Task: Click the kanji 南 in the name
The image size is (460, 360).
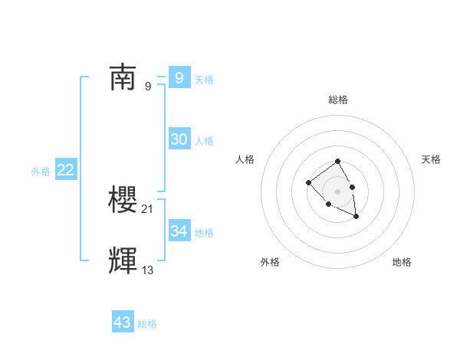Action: tap(123, 78)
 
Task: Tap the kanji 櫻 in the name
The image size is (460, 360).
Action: tap(123, 200)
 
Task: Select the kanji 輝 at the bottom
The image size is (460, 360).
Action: tap(123, 261)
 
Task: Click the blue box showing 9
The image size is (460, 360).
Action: tap(179, 78)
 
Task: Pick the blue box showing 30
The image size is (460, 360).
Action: tap(179, 139)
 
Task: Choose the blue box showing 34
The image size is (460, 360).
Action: tap(179, 231)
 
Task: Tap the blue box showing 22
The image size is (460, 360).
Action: tap(65, 170)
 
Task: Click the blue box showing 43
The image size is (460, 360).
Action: tap(122, 322)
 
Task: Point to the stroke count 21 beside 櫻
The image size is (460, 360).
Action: tap(148, 209)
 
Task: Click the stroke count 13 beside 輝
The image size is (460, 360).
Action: tap(148, 270)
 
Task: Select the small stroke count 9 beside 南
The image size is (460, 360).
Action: tap(148, 87)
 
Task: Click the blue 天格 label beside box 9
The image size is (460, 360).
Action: tap(204, 80)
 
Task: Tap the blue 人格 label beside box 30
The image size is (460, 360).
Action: tap(204, 141)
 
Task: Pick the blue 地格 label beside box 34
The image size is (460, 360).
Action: tap(204, 232)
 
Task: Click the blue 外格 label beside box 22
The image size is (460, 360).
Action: tap(41, 172)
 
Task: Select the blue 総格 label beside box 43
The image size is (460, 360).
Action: tap(147, 324)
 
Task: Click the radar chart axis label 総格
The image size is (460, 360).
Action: tap(337, 100)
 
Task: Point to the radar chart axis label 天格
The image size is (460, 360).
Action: tap(431, 159)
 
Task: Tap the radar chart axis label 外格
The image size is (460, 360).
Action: tap(270, 262)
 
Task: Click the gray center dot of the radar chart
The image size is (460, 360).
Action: tap(337, 191)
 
